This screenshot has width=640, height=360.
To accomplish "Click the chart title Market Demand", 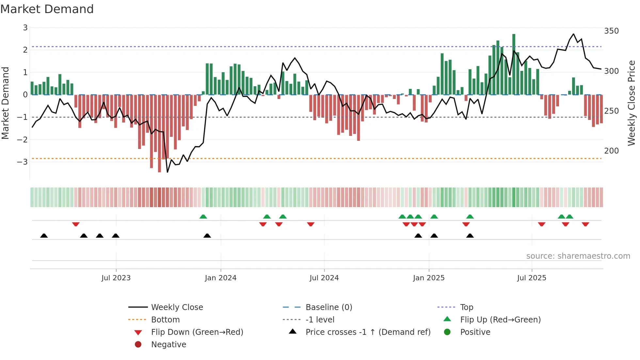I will click(x=47, y=9).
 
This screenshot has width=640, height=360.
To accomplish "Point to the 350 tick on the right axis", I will click(x=611, y=31).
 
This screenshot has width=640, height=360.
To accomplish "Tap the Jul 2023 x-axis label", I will click(x=116, y=278).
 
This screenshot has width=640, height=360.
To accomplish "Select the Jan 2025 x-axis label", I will click(x=428, y=278).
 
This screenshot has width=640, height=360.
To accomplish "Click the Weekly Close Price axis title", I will click(x=632, y=103).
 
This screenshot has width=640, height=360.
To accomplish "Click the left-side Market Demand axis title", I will click(x=5, y=103).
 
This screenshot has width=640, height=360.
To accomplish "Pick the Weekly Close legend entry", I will click(x=177, y=307).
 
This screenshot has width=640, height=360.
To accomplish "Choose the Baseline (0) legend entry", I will click(x=328, y=307).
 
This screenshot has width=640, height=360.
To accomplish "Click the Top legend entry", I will click(x=466, y=307).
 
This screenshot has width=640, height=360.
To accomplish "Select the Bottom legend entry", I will click(x=165, y=320).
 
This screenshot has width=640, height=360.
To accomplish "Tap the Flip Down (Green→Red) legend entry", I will click(x=197, y=332).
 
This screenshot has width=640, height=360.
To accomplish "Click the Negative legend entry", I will click(x=168, y=345).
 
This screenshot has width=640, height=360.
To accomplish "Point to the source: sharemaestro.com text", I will click(x=578, y=256).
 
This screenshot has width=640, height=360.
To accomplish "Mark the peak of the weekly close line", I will click(x=573, y=34).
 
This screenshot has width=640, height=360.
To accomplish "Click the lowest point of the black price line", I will click(x=168, y=172).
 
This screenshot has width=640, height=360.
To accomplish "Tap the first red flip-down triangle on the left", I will click(x=76, y=224).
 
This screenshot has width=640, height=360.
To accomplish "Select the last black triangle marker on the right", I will click(x=470, y=236).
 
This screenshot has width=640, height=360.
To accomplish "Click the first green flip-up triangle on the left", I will click(x=203, y=217).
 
